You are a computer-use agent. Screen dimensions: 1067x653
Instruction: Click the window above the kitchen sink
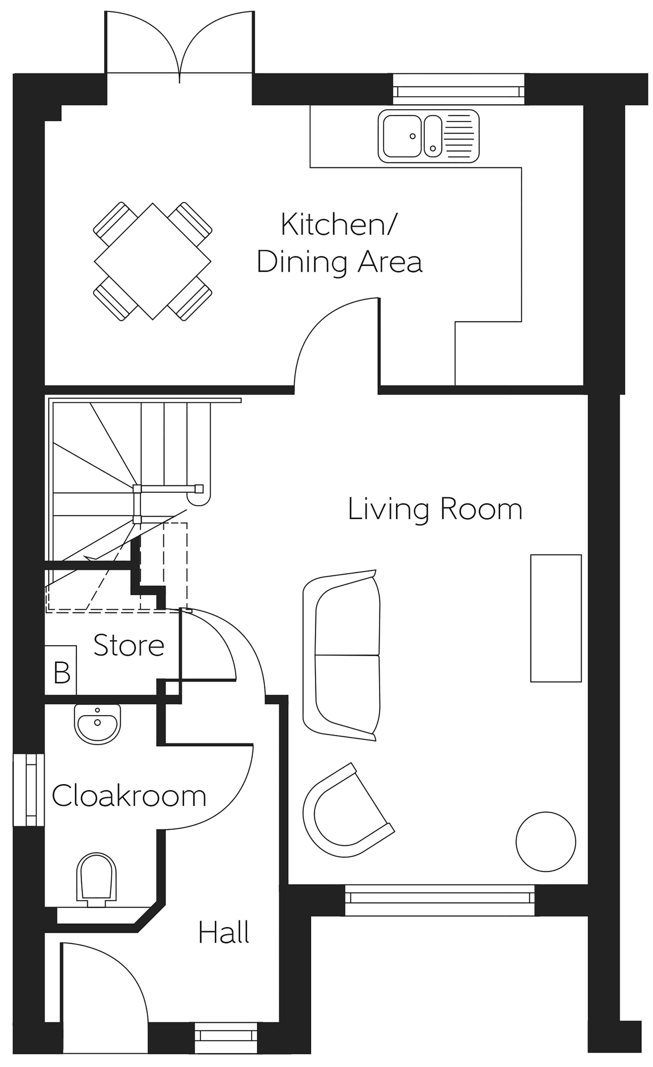click(458, 90)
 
